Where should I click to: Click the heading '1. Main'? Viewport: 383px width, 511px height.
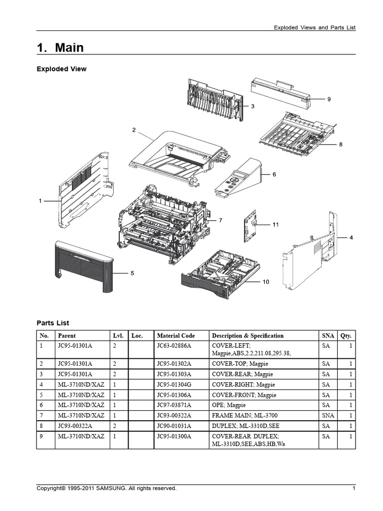point(60,47)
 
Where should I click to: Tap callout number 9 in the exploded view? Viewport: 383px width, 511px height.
point(329,99)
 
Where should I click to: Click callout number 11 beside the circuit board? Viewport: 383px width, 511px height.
point(275,225)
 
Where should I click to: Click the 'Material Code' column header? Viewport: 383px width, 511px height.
point(176,336)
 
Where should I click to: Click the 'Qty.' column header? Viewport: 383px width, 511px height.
point(346,336)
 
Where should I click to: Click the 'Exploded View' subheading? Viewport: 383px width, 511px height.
point(61,69)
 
